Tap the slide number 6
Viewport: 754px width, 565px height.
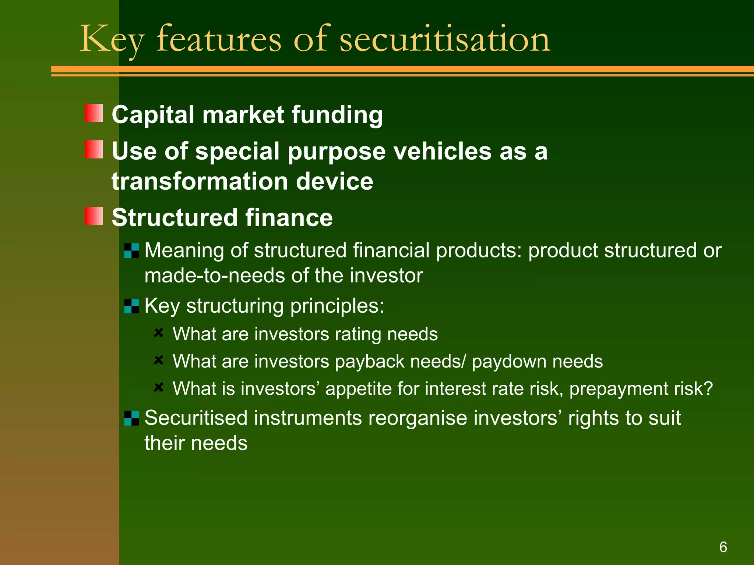723,547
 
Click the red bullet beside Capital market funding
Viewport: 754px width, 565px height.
94,113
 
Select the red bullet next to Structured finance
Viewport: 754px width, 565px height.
94,216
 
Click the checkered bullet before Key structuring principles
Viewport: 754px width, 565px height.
131,306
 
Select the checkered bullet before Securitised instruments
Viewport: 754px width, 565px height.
131,418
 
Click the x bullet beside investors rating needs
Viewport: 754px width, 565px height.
158,333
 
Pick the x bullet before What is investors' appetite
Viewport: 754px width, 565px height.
158,387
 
